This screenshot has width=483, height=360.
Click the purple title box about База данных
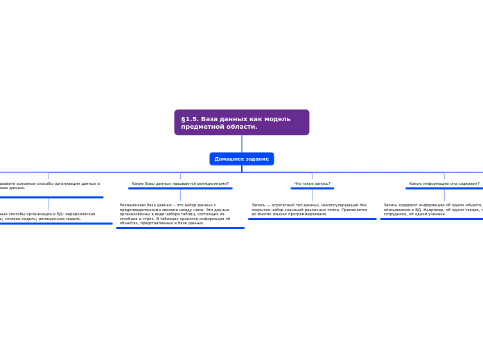tap(241, 123)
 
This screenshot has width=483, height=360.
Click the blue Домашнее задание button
tap(241, 159)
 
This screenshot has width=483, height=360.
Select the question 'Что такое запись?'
tap(312, 183)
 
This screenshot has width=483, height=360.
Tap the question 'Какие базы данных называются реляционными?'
tap(180, 183)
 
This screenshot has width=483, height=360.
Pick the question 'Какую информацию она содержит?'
tap(444, 183)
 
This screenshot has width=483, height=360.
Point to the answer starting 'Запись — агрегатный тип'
tap(309, 209)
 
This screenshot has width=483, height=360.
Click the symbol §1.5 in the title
tap(190, 119)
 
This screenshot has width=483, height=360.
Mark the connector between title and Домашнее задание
tap(242, 143)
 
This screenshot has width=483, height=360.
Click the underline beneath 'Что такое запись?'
tap(312, 188)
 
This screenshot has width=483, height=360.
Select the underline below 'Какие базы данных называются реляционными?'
tap(180, 188)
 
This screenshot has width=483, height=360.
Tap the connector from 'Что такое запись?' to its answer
tap(312, 195)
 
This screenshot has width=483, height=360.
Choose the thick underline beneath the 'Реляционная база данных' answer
tap(180, 228)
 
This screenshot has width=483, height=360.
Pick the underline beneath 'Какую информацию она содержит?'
tap(444, 188)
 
